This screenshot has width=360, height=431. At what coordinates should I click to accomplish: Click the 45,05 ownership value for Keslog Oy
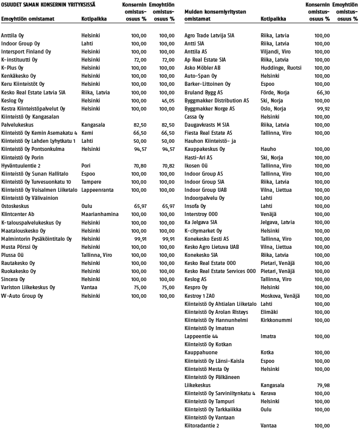click(166, 100)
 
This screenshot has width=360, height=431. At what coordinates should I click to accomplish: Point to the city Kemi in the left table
click(87, 133)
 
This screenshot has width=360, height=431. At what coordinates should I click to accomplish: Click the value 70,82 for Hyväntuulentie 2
click(166, 165)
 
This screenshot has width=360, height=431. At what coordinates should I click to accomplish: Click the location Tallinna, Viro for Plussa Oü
click(97, 254)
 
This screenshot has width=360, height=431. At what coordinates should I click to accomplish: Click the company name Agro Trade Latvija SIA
click(209, 36)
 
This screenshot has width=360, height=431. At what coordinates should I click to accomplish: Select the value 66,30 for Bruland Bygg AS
click(322, 92)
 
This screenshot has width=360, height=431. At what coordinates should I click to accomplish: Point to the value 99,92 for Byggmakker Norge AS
click(322, 109)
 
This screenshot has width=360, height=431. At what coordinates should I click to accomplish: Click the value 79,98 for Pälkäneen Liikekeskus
click(322, 385)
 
